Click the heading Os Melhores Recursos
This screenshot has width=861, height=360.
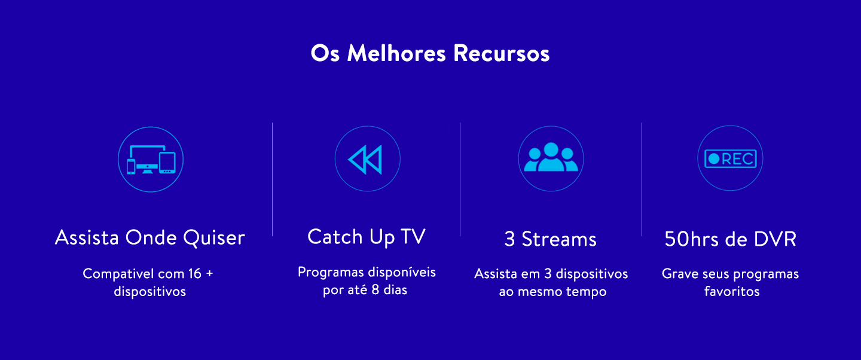coord(430,53)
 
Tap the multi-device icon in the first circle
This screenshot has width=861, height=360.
coord(151,159)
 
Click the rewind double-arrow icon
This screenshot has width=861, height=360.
coord(366,159)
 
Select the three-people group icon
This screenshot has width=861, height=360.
coord(551,158)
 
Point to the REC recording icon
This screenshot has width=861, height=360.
coord(730,158)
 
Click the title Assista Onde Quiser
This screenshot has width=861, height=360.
coord(150,237)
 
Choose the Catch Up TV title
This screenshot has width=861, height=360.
coord(367,236)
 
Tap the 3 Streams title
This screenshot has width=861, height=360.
coord(551,239)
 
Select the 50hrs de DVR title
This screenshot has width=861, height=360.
coord(730,239)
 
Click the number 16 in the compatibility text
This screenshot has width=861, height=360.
coord(194,274)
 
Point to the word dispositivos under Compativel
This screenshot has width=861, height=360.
coord(150,292)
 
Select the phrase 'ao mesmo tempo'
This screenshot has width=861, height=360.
coord(552,292)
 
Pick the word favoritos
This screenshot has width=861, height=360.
coord(732,292)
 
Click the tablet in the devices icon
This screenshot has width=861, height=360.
coord(167,163)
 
